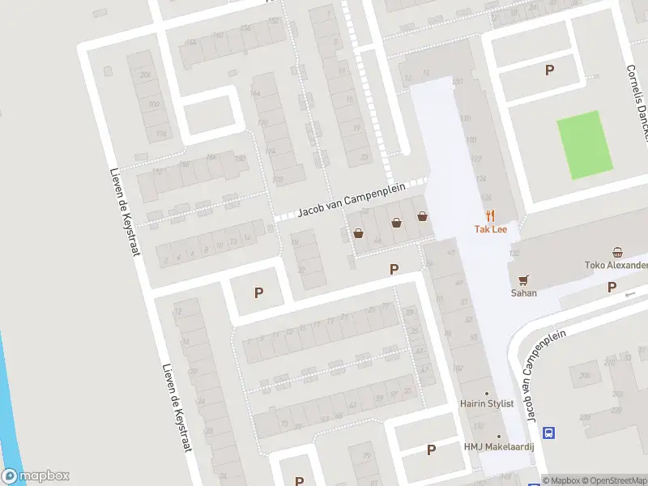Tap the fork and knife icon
click(489, 215)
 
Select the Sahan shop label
click(523, 293)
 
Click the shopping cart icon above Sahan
click(523, 279)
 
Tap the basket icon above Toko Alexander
click(618, 251)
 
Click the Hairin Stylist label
click(487, 403)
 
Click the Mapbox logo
click(36, 476)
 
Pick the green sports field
click(584, 144)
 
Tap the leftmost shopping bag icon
click(358, 233)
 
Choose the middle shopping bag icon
click(396, 222)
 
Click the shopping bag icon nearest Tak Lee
click(422, 215)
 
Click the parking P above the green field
click(550, 70)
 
